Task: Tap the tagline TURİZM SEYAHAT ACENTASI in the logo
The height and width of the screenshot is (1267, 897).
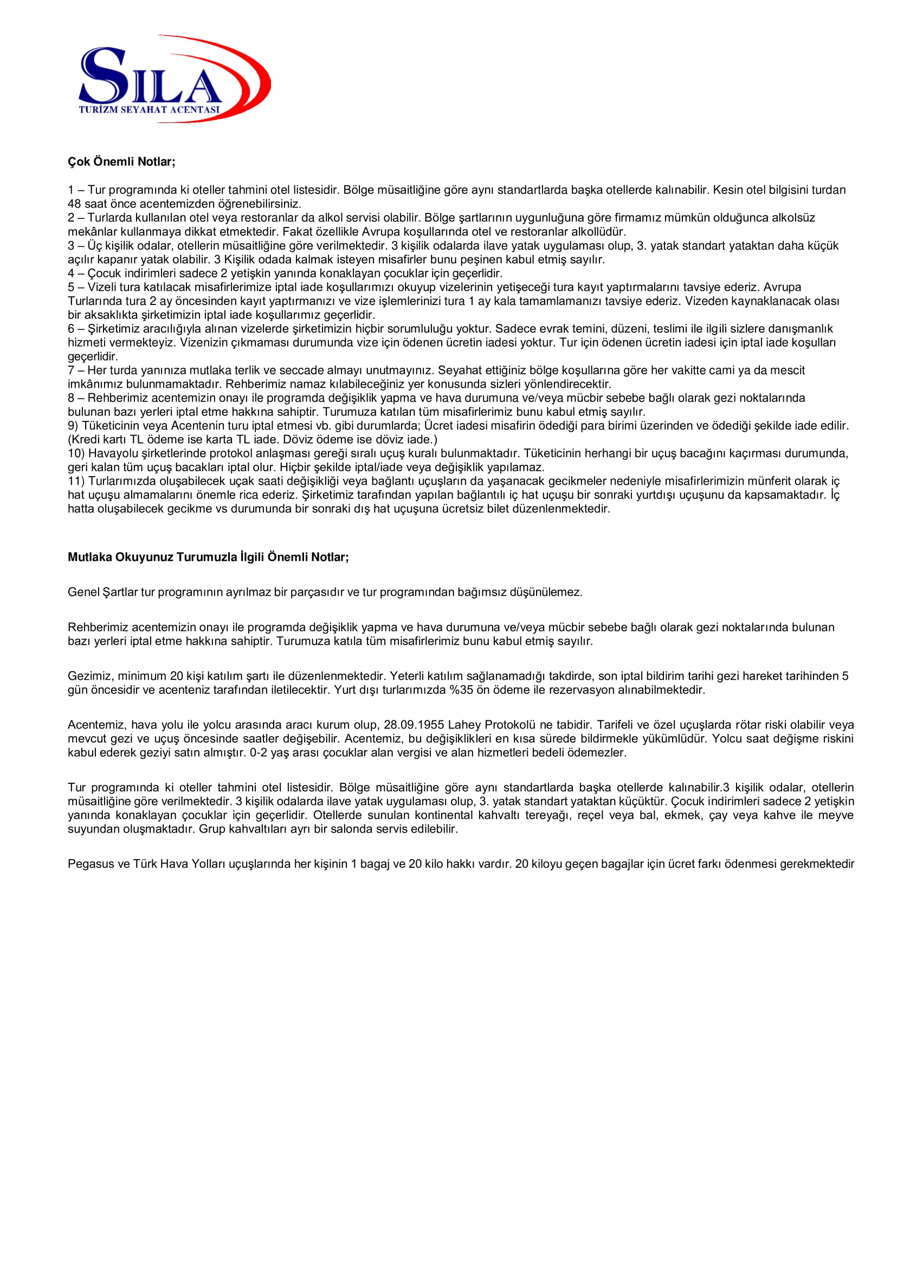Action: (x=149, y=109)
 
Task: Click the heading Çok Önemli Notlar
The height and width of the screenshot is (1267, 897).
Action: (x=121, y=162)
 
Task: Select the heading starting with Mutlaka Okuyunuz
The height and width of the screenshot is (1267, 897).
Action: (x=208, y=557)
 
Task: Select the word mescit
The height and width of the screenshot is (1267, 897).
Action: (x=788, y=371)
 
